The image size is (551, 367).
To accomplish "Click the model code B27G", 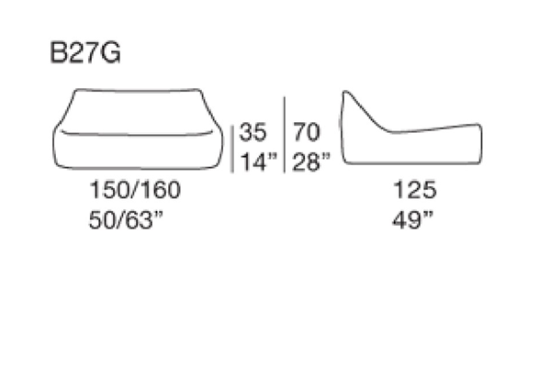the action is tap(85, 52).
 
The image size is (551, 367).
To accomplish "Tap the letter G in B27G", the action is tap(109, 52).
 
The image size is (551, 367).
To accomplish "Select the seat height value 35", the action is tap(253, 132).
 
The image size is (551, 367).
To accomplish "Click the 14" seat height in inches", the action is tap(258, 161).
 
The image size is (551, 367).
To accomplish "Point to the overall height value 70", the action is tap(306, 132).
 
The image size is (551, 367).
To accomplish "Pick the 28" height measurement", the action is tap(311, 161).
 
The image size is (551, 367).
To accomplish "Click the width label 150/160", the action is tap(135, 190).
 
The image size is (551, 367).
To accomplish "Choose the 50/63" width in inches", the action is tap(126, 220).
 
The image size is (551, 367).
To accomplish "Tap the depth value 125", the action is tap(415, 190).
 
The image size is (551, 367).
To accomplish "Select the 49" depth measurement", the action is tap(412, 220).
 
